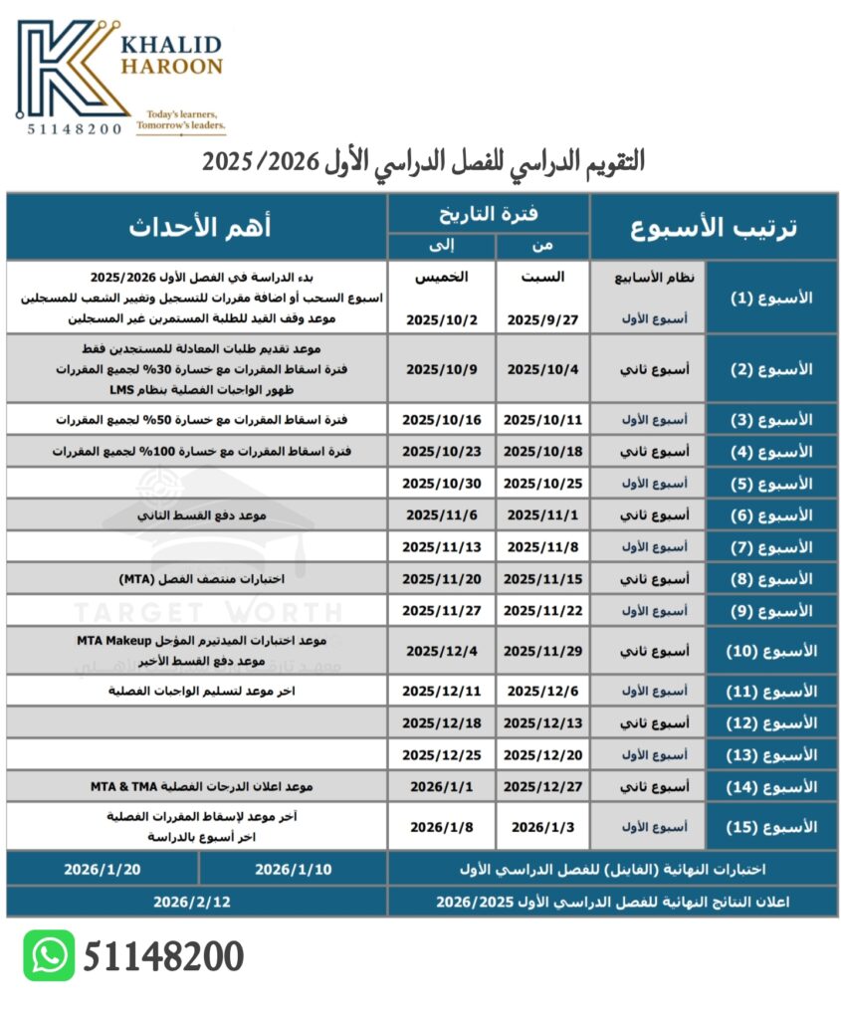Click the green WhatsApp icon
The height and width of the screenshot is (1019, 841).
tap(49, 955)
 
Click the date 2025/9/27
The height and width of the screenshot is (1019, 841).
tap(543, 319)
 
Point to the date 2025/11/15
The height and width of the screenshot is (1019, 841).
tap(543, 579)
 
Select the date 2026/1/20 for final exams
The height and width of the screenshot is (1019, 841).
tap(103, 869)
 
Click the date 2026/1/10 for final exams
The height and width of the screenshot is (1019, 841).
tap(293, 869)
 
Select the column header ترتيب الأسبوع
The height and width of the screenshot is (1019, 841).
tap(715, 227)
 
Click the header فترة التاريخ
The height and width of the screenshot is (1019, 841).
tap(490, 212)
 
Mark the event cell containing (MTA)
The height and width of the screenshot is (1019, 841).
tap(196, 579)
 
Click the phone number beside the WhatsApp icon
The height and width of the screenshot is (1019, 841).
tap(163, 956)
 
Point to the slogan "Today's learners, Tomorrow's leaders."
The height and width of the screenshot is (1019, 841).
tap(180, 121)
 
